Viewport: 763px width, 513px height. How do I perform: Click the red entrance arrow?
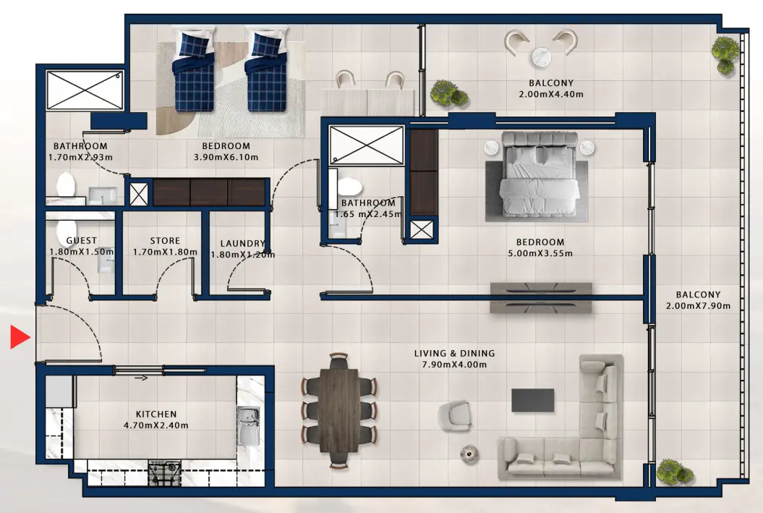pyautogui.click(x=19, y=337)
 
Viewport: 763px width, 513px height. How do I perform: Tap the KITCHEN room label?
pyautogui.click(x=156, y=415)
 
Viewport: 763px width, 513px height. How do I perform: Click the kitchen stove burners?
pyautogui.click(x=164, y=474)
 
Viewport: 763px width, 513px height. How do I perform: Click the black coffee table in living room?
pyautogui.click(x=533, y=400)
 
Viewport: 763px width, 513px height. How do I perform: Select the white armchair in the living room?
pyautogui.click(x=456, y=415)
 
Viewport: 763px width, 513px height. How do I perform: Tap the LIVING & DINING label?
pyautogui.click(x=454, y=354)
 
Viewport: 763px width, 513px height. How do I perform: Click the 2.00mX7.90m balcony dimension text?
pyautogui.click(x=698, y=306)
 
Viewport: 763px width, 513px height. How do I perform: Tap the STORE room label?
pyautogui.click(x=165, y=241)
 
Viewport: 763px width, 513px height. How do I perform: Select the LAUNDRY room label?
pyautogui.click(x=242, y=244)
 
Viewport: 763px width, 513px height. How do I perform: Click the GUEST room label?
pyautogui.click(x=81, y=241)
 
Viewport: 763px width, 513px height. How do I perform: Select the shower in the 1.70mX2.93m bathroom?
pyautogui.click(x=85, y=90)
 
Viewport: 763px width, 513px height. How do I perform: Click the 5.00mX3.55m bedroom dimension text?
pyautogui.click(x=540, y=254)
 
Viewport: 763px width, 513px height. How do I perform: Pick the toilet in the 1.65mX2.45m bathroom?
pyautogui.click(x=348, y=190)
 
